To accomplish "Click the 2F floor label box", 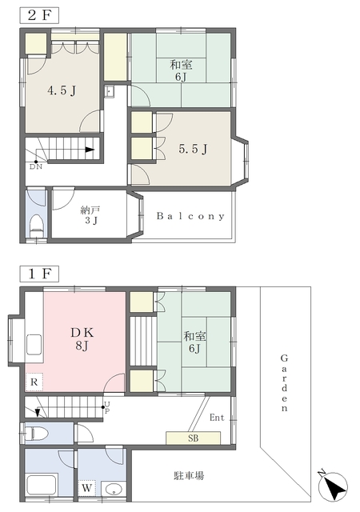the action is [x=39, y=15].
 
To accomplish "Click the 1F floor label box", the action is [x=39, y=274].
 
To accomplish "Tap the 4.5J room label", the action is [x=62, y=90].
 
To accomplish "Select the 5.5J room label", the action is [x=193, y=149].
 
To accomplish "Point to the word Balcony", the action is [x=190, y=216].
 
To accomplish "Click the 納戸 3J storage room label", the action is [x=90, y=215].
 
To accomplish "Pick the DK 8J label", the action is [x=82, y=339].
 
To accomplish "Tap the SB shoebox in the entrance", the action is [x=193, y=438].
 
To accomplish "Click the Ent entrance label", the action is [x=217, y=418].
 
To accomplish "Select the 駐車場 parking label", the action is [x=189, y=475].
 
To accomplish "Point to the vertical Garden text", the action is [x=284, y=383].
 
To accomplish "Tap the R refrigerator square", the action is [x=34, y=382].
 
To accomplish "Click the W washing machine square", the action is [x=86, y=489].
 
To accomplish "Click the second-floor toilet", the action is [x=36, y=226].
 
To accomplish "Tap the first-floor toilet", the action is [x=37, y=434].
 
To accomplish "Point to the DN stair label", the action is [x=36, y=167].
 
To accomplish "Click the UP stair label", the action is [x=107, y=407].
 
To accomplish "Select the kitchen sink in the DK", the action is [x=34, y=344].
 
